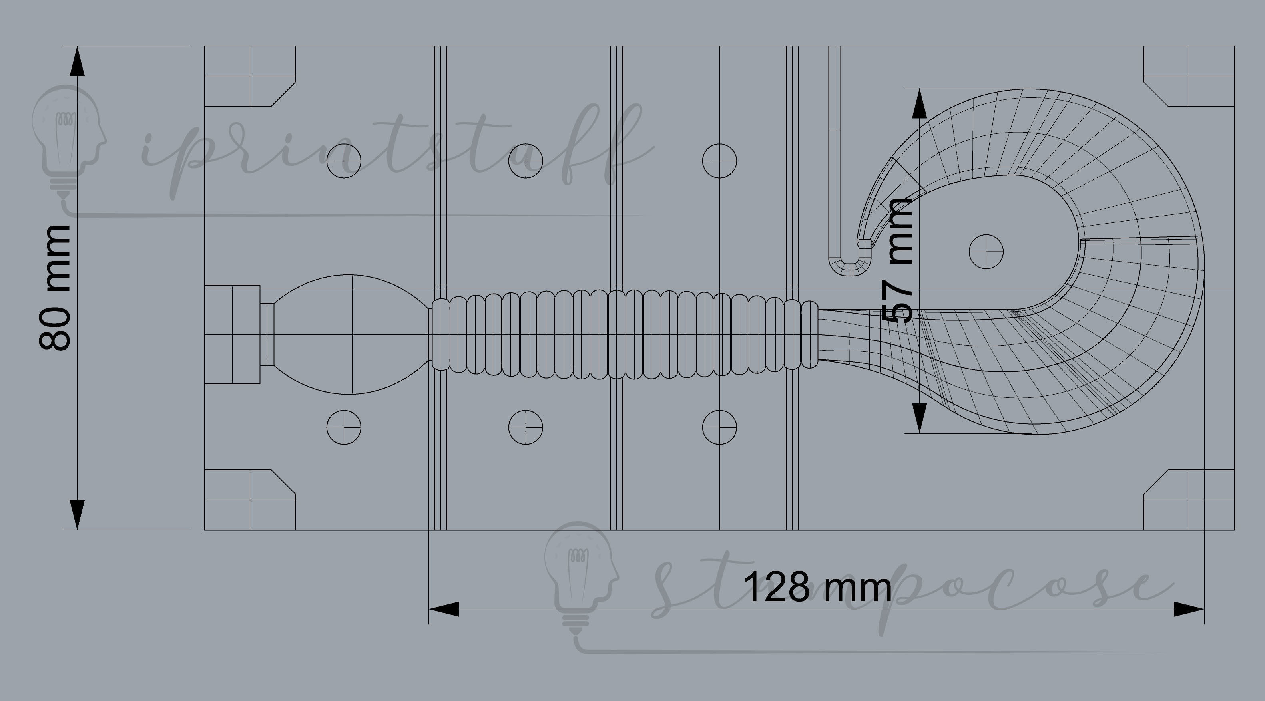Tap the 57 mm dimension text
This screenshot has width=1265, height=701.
point(898,260)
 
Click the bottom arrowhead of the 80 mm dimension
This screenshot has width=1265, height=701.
point(77,514)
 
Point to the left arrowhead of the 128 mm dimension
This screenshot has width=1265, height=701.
point(444,609)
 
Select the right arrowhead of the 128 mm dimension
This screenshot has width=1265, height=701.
point(1188,609)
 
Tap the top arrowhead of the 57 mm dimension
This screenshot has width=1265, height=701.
point(919,104)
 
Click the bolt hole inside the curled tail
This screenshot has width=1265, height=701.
point(986,252)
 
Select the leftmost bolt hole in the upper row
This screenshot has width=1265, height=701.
point(344,161)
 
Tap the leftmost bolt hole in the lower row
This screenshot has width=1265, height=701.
point(344,427)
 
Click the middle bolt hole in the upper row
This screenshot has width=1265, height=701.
point(526,161)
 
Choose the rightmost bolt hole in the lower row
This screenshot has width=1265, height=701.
point(719,427)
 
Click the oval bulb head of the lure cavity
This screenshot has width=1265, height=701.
point(350,334)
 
